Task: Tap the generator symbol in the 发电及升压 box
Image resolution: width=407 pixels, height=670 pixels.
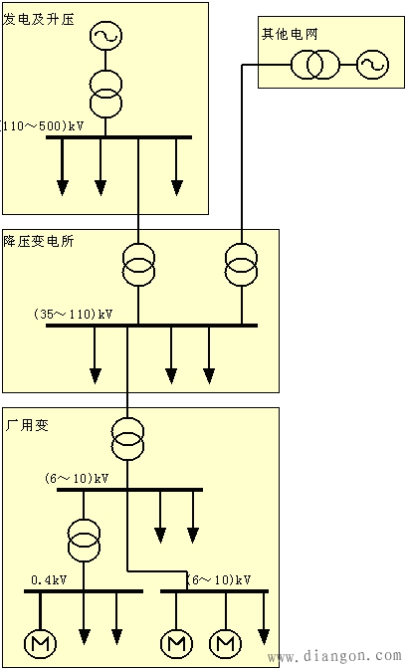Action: point(104,37)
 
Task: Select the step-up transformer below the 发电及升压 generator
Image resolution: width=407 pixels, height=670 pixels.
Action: point(104,92)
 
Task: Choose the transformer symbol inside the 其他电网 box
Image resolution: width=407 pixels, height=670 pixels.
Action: point(308,67)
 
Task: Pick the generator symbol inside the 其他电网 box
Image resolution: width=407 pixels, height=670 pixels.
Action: point(372,67)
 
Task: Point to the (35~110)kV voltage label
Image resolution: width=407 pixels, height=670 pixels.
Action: point(73,314)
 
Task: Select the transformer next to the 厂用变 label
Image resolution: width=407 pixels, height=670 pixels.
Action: point(126,439)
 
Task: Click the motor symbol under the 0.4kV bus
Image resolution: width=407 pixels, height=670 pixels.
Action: point(43,644)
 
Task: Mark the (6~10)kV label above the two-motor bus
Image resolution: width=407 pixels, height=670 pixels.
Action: point(219,578)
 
